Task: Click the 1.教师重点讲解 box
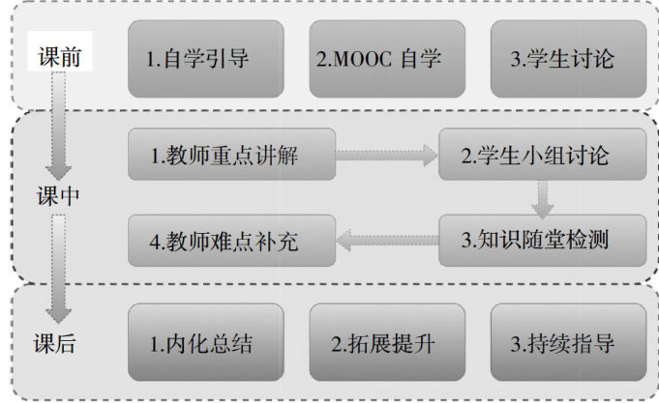[231, 153]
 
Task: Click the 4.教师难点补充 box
[231, 238]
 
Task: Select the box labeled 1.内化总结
[205, 342]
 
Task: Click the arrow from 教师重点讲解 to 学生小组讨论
[387, 153]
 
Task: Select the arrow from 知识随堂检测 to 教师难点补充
[387, 238]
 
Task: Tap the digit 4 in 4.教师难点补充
[156, 239]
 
